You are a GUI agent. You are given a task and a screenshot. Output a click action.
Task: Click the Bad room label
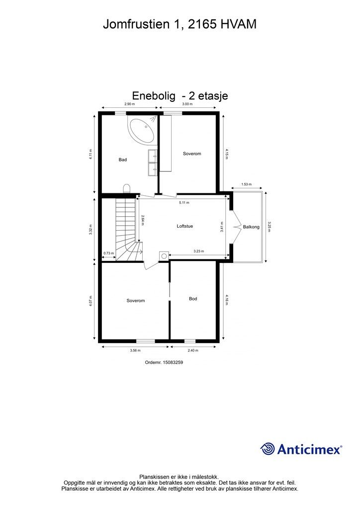point(123,160)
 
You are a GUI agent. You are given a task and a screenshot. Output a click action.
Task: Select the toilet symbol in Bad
point(127,188)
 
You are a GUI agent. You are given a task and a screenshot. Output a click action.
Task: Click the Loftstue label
point(184,226)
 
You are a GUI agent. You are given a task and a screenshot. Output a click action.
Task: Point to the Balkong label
point(251,227)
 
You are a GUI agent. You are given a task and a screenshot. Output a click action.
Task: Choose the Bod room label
point(193,299)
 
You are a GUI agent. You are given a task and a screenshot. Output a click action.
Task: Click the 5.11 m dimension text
point(184,203)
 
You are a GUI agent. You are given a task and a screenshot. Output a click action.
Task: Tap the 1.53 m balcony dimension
point(247,184)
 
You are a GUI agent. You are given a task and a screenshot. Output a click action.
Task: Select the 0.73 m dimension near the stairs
point(109,253)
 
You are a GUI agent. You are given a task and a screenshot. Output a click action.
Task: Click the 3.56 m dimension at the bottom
point(135,350)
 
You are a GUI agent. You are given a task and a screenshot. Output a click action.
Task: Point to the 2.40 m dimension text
point(193,350)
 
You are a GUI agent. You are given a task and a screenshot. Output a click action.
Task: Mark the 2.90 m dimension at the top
point(129,104)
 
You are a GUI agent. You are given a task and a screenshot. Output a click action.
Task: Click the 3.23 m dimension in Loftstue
point(199,251)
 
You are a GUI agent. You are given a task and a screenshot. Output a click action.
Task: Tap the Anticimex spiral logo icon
point(268,449)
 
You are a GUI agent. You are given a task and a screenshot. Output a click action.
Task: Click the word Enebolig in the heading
point(154,96)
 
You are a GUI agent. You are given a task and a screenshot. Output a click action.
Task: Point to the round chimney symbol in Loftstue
point(164,256)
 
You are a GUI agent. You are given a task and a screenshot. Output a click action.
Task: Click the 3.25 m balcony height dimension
point(269,227)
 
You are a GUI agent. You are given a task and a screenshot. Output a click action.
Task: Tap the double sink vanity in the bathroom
point(153,163)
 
